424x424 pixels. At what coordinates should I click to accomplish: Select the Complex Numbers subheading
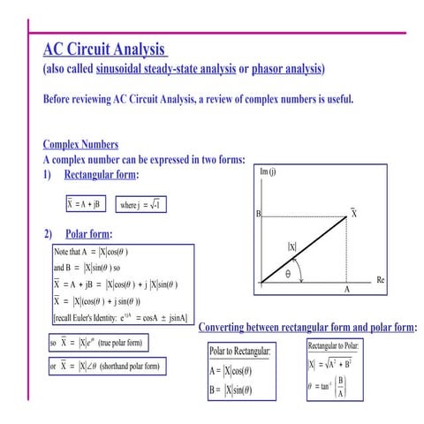pos(80,145)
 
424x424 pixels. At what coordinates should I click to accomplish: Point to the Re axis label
pos(381,280)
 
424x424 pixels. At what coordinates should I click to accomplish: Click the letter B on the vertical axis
pos(258,215)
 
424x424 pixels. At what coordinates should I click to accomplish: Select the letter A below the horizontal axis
pos(347,290)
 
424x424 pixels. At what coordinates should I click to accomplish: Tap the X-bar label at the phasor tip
pos(354,214)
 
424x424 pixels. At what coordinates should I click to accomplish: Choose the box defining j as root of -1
pos(142,204)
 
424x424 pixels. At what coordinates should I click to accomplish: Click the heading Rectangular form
pos(101,175)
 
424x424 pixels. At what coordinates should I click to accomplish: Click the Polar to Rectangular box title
pos(240,352)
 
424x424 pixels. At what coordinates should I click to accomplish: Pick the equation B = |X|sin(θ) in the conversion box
pos(231,390)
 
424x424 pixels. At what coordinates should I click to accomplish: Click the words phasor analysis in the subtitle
pos(288,69)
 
